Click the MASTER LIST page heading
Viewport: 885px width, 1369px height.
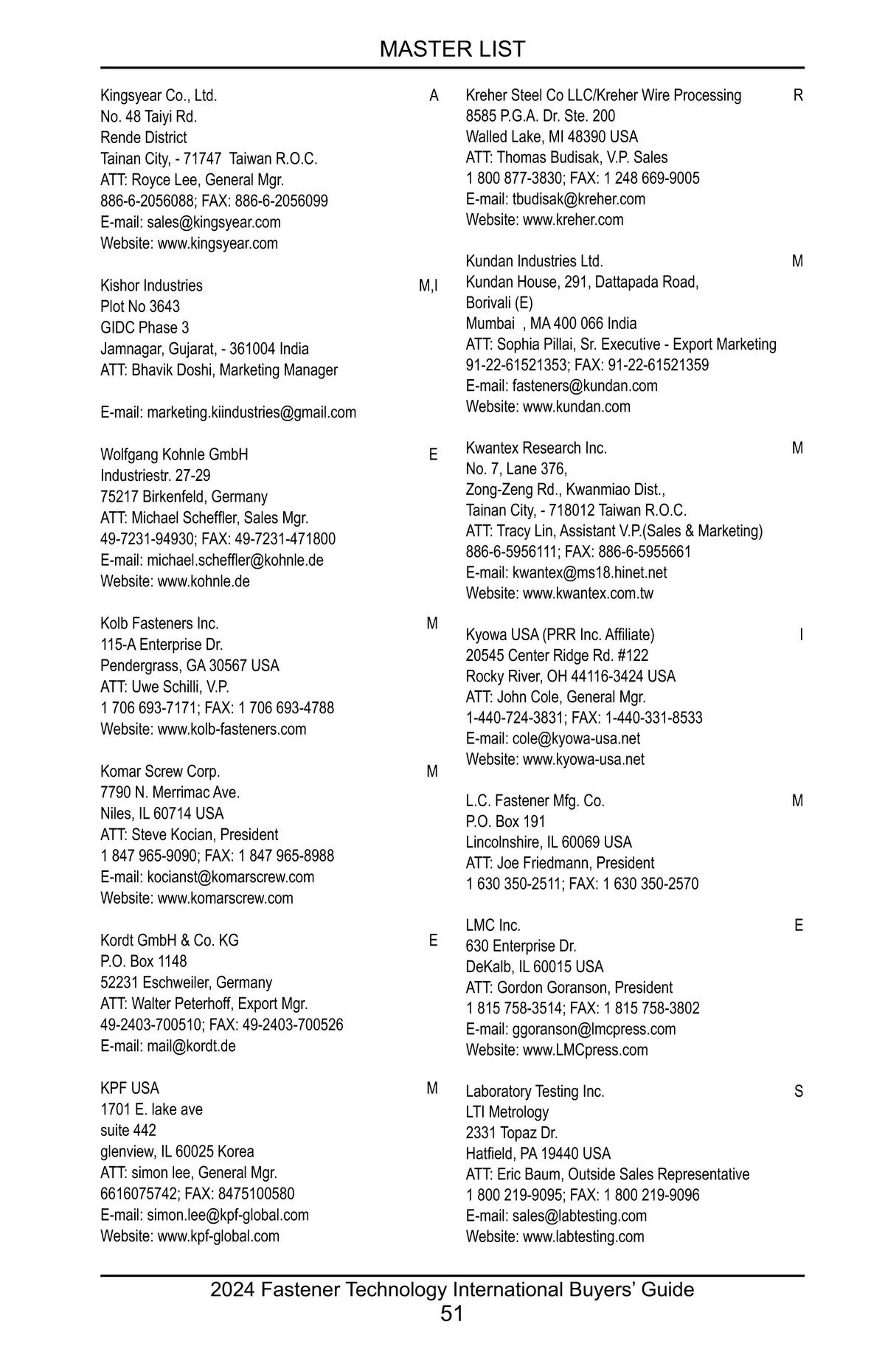coord(452,49)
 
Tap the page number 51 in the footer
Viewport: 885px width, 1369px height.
coord(451,1314)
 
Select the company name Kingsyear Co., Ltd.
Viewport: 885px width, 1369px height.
coord(159,96)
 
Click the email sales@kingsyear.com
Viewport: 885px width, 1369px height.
coord(213,223)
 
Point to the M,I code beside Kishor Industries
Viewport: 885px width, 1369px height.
coord(428,286)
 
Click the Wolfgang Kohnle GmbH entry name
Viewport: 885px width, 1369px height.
coord(174,455)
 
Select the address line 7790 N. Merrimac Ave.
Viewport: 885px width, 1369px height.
coord(170,793)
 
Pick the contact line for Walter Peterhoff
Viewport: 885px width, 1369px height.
coord(204,1004)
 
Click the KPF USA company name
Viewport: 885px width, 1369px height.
coord(130,1089)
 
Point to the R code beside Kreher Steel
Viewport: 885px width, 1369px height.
coord(798,96)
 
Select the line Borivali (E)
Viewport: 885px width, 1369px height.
coord(499,303)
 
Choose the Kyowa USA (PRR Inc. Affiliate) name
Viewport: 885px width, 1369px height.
coord(560,635)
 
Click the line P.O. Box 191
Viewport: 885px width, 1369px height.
coord(505,822)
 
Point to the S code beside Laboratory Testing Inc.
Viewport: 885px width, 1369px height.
coord(798,1092)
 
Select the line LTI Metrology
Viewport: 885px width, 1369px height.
coord(507,1112)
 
